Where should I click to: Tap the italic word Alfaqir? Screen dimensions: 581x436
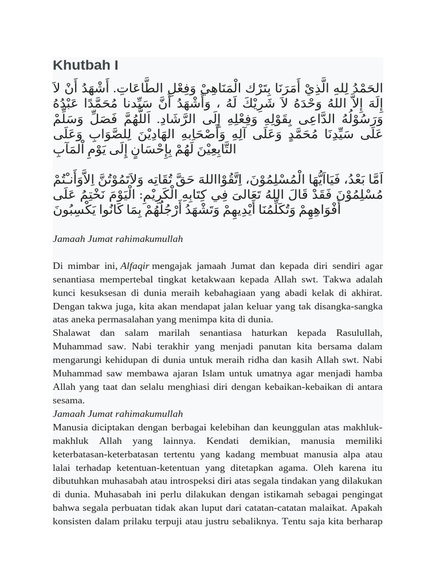click(x=135, y=266)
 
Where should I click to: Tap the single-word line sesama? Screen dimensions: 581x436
click(x=69, y=400)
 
